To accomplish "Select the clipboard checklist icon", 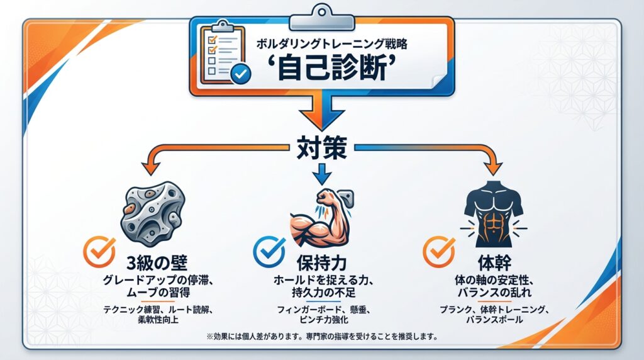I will coord(221,53).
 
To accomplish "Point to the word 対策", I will coord(322,149).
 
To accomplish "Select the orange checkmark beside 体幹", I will coord(438,250).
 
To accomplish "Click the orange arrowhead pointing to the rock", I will coord(150,166).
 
